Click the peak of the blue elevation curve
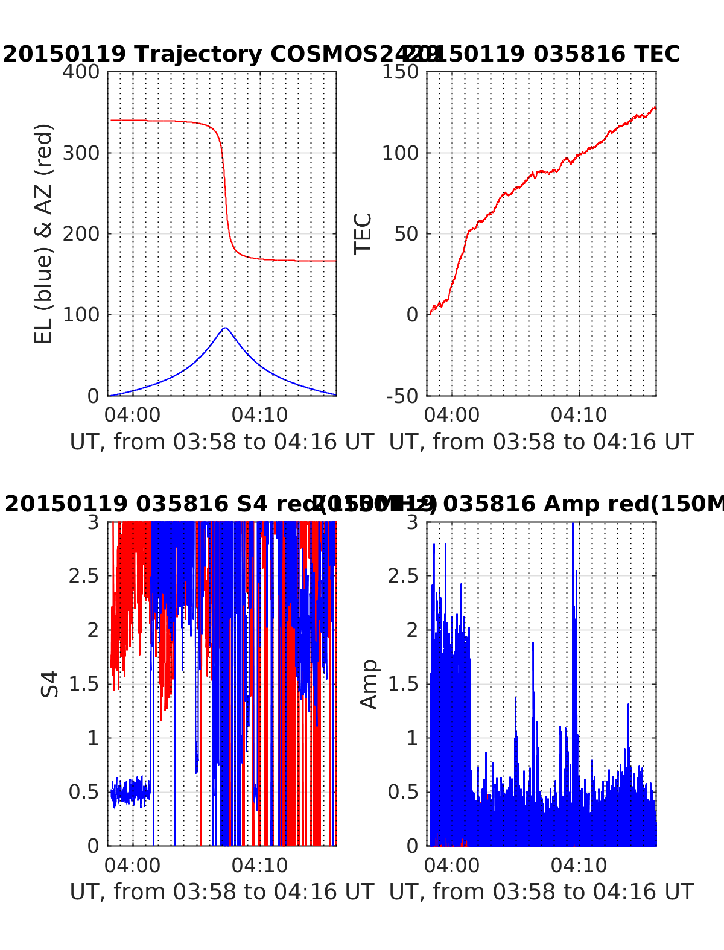pyautogui.click(x=225, y=328)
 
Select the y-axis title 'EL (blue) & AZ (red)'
pyautogui.click(x=43, y=233)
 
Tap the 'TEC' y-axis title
pyautogui.click(x=363, y=233)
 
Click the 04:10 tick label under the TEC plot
pyautogui.click(x=579, y=415)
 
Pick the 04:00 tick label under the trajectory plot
pyautogui.click(x=133, y=415)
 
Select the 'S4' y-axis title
pyautogui.click(x=50, y=683)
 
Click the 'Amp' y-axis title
pyautogui.click(x=369, y=683)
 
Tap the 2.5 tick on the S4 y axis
pyautogui.click(x=84, y=576)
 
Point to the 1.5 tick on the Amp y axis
pyautogui.click(x=404, y=684)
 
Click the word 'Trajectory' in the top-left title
pyautogui.click(x=198, y=54)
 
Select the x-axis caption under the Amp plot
pyautogui.click(x=541, y=891)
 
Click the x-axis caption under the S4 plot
pyautogui.click(x=222, y=891)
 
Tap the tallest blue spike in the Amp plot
pyautogui.click(x=573, y=525)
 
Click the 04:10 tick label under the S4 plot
pyautogui.click(x=260, y=865)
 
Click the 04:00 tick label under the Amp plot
pyautogui.click(x=452, y=865)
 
